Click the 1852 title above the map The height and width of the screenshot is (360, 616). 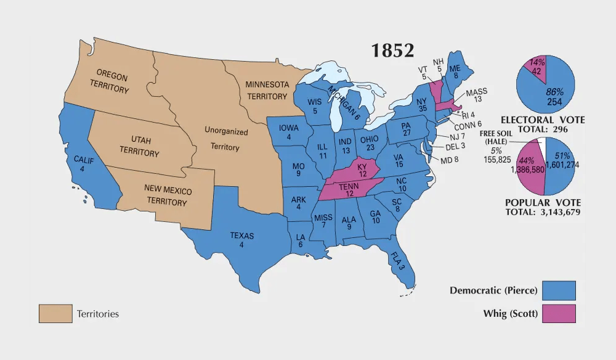click(392, 51)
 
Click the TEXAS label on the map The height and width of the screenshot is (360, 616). click(241, 239)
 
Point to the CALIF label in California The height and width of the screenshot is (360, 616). click(84, 163)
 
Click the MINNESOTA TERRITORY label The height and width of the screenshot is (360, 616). click(267, 90)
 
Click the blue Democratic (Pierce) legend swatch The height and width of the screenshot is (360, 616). click(559, 290)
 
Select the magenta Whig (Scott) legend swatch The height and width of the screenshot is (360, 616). click(559, 314)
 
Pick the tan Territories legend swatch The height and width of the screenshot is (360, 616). click(55, 314)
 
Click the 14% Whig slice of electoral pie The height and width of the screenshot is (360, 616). click(533, 67)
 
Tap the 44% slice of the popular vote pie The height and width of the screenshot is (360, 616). click(529, 165)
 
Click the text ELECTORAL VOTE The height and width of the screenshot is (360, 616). click(543, 120)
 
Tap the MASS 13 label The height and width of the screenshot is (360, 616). click(476, 96)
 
